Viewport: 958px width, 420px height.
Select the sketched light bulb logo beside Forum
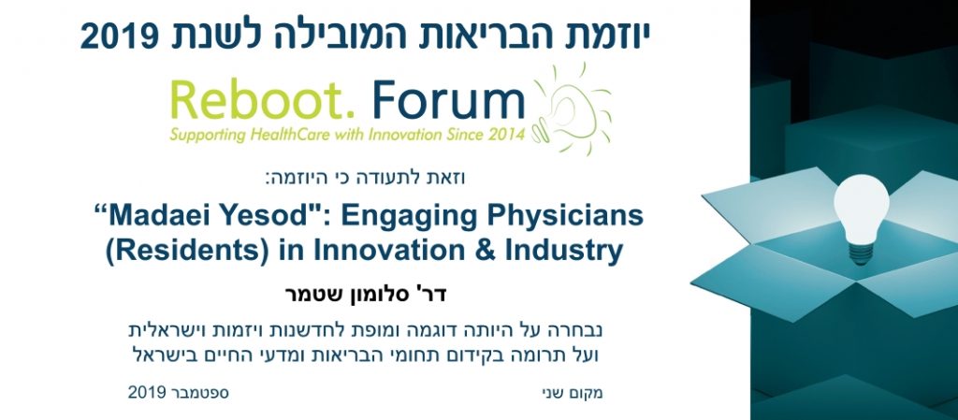pyautogui.click(x=572, y=109)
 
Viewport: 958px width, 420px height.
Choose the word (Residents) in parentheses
pyautogui.click(x=186, y=253)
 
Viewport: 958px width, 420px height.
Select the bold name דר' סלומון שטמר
pyautogui.click(x=366, y=295)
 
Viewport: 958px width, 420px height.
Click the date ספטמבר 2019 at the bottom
pyautogui.click(x=178, y=393)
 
